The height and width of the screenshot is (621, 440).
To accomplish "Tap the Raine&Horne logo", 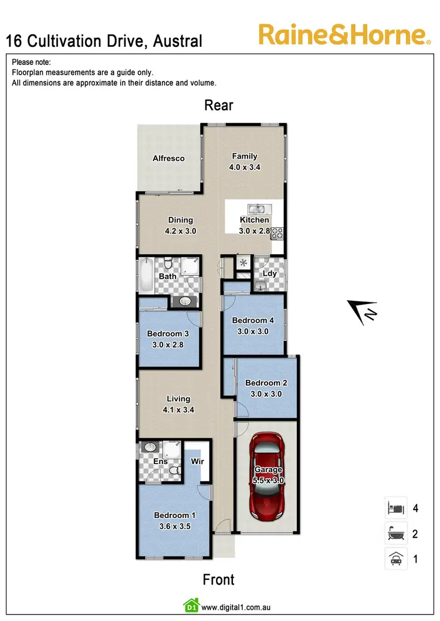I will click(x=343, y=35).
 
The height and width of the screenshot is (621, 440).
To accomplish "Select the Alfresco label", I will click(x=168, y=158).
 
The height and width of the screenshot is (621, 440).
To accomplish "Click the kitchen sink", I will click(x=256, y=209).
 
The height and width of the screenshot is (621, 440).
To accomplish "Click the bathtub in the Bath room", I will click(x=147, y=276).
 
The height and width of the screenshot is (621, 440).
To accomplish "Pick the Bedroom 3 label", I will click(x=168, y=334).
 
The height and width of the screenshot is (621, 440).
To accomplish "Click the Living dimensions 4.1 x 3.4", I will click(x=178, y=410).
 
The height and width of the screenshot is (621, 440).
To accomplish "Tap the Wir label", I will click(x=197, y=461).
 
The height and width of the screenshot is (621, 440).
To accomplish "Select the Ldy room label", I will click(x=270, y=273).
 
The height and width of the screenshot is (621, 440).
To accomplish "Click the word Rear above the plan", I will click(x=219, y=105).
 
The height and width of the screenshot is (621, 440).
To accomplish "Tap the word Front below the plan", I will click(x=218, y=580).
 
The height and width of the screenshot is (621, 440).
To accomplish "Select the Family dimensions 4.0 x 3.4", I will click(x=244, y=167).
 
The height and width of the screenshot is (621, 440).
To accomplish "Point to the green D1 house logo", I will click(x=191, y=605).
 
